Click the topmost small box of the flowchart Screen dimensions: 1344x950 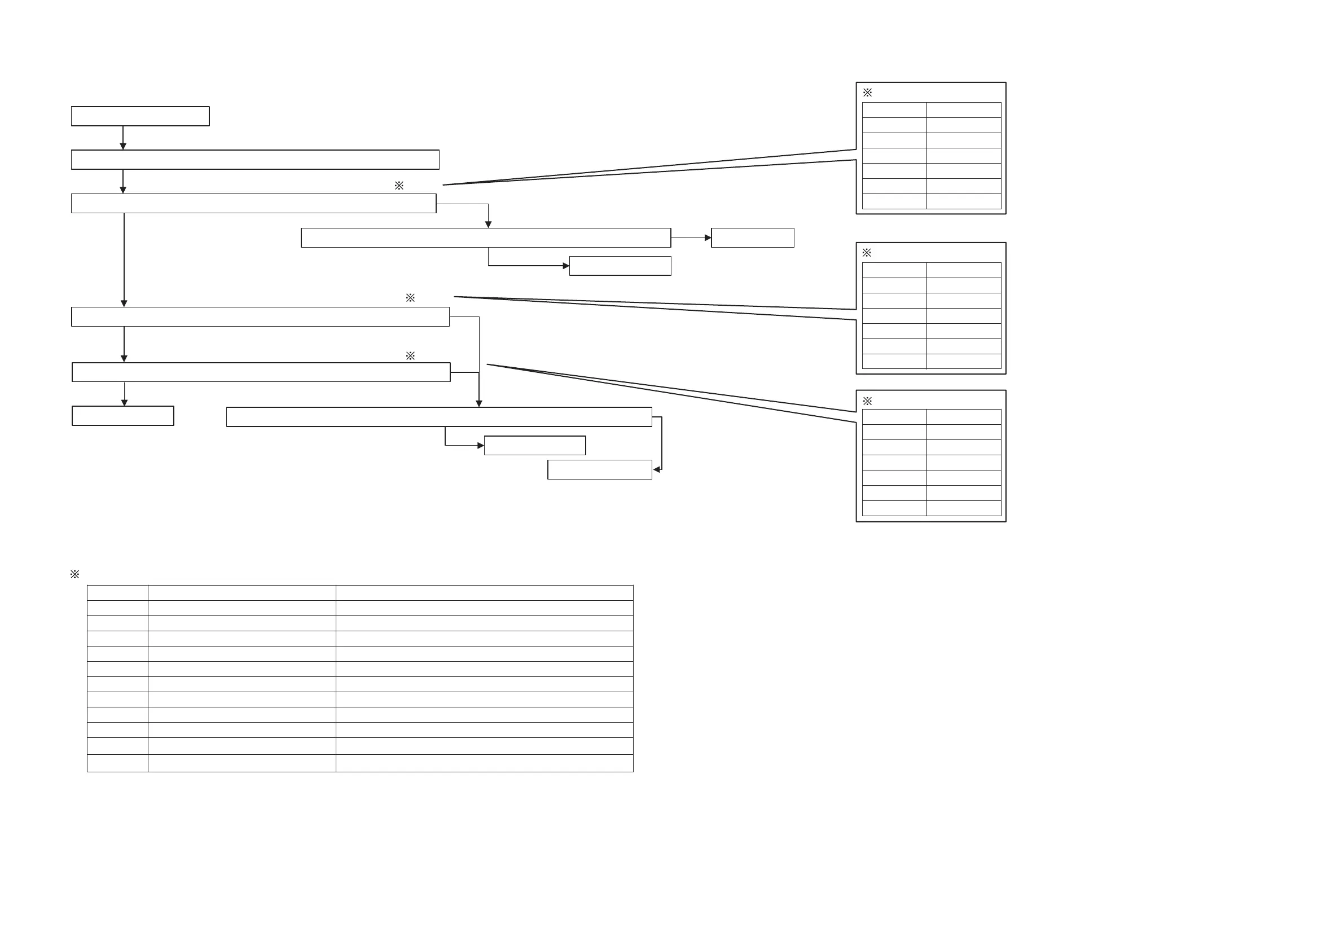click(x=140, y=116)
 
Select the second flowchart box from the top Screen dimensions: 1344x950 click(x=254, y=159)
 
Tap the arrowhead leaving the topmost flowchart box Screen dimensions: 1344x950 click(x=123, y=146)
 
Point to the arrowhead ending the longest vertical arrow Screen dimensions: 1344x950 click(x=124, y=303)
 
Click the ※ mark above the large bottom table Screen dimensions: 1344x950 click(x=75, y=574)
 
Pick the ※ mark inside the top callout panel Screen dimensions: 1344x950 click(x=868, y=93)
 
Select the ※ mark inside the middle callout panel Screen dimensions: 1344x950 click(x=867, y=252)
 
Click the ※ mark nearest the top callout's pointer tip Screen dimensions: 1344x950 click(x=399, y=186)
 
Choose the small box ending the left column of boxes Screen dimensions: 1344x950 click(x=123, y=416)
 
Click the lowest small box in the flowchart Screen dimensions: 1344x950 click(x=599, y=469)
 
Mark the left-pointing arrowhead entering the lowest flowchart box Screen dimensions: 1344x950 click(x=657, y=469)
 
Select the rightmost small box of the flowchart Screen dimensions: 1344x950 click(x=752, y=237)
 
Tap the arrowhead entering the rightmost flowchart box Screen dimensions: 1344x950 click(x=708, y=237)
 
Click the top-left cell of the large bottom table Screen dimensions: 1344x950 click(x=117, y=592)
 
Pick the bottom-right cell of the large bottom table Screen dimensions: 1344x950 click(x=484, y=763)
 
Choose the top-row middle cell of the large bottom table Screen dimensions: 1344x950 click(x=241, y=592)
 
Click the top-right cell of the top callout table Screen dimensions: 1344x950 click(x=964, y=110)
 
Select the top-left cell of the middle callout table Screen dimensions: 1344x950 click(x=894, y=270)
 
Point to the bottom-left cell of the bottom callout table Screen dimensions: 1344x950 click(x=894, y=508)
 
